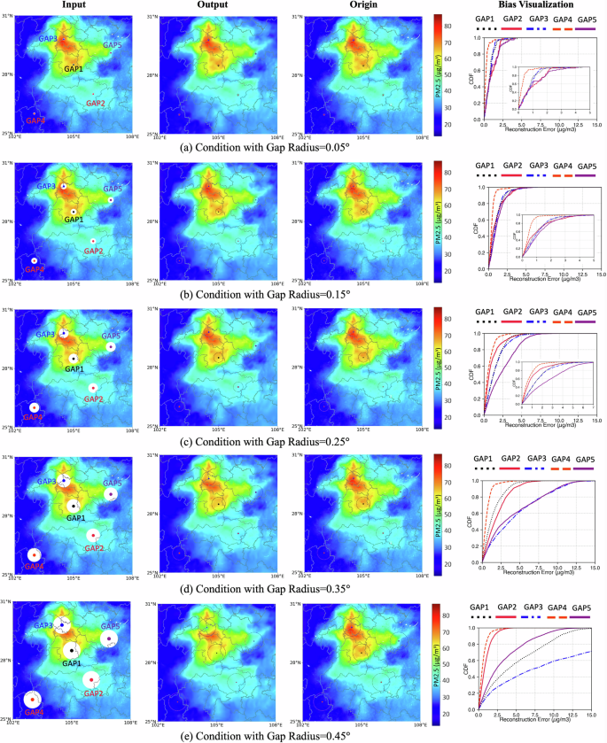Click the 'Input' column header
(74, 5)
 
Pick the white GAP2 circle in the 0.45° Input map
(91, 679)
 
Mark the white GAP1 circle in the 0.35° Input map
(73, 506)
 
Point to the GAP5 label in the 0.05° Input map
(113, 45)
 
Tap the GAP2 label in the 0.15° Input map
(94, 252)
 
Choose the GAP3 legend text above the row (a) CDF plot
(538, 19)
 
